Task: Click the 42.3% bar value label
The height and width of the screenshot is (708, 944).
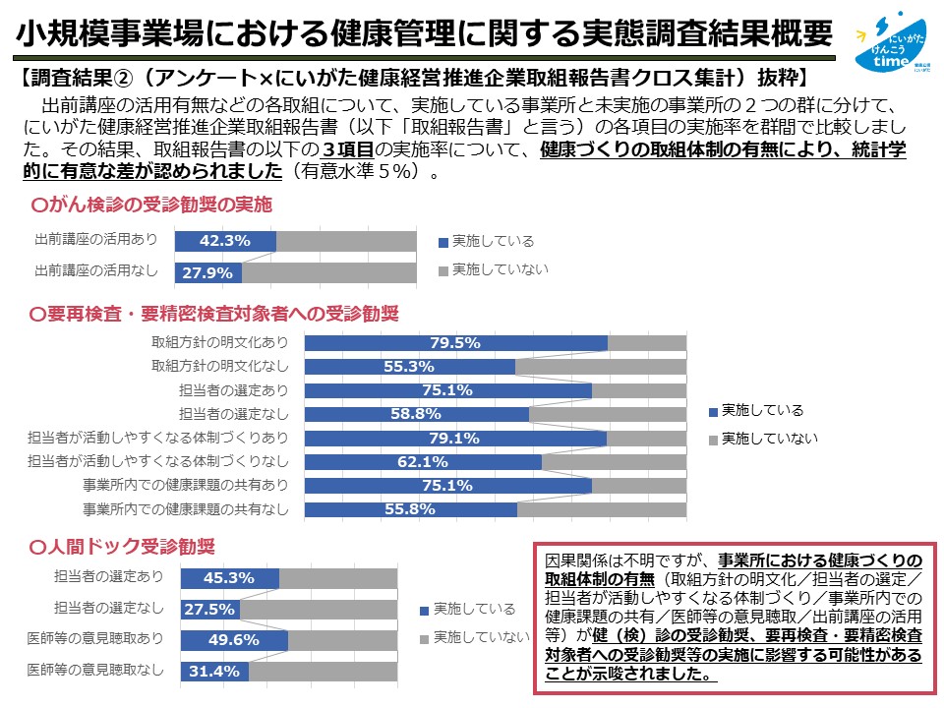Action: coord(225,241)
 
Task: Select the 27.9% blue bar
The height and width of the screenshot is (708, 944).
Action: coord(208,272)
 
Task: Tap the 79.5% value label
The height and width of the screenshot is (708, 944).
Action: coord(454,343)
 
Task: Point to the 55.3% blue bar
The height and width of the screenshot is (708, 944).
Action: coord(410,367)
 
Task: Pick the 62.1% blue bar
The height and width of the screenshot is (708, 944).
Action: coord(423,461)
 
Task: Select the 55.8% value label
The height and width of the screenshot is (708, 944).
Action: coord(411,509)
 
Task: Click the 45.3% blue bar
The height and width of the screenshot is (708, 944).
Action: coord(230,578)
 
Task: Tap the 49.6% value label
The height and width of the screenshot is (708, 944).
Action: coord(233,640)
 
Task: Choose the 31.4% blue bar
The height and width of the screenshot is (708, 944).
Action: coord(215,672)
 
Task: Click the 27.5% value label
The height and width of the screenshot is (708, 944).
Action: coord(209,610)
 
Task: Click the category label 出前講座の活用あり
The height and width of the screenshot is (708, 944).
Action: coord(95,240)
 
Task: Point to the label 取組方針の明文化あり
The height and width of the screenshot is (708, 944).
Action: coord(220,343)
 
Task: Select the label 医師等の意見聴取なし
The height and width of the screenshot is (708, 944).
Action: coord(95,670)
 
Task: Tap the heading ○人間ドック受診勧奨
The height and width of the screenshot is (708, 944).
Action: coord(123,545)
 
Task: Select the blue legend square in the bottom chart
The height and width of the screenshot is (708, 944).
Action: coord(424,609)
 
